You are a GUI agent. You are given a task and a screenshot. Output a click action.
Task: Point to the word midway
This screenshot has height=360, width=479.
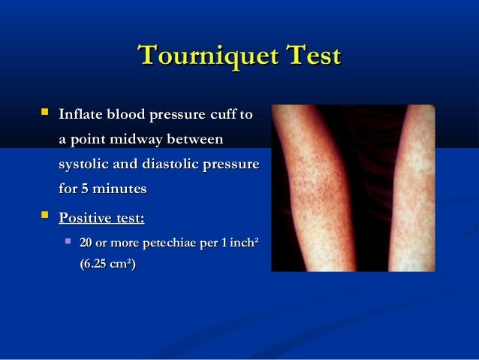point(133,139)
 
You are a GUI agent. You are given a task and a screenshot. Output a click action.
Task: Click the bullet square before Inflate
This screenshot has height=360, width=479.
point(45,114)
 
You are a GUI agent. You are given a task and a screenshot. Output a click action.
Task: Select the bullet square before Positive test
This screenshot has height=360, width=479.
point(45,218)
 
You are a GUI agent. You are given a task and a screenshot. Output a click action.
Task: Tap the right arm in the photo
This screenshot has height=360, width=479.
point(411,188)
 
